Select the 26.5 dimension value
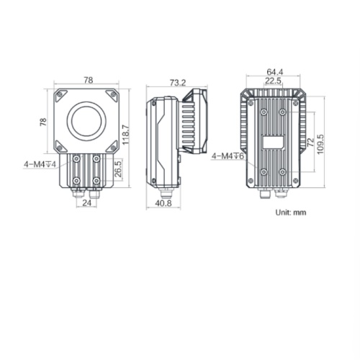(117, 170)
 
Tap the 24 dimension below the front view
(86, 203)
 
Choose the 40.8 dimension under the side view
(164, 203)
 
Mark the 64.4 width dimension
(274, 72)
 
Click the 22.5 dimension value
(274, 81)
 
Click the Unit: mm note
(291, 213)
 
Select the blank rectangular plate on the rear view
(274, 142)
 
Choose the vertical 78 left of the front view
(43, 122)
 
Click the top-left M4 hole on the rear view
(264, 114)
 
